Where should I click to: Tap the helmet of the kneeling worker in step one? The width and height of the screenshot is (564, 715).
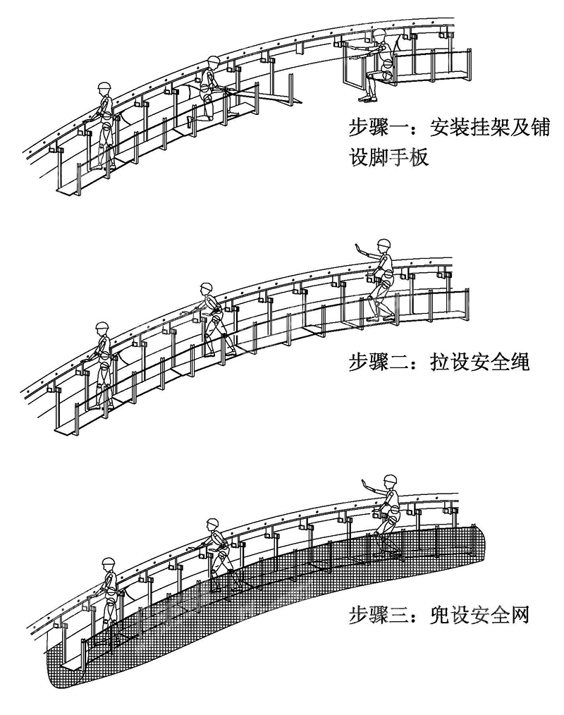point(212,62)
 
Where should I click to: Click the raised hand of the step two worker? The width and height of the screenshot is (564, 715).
point(357,248)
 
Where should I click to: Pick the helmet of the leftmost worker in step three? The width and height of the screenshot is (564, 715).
point(108,563)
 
